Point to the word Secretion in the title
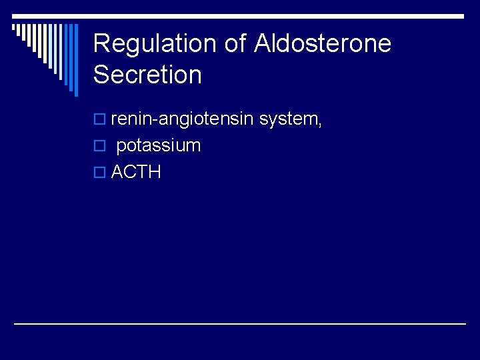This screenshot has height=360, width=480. tap(147, 75)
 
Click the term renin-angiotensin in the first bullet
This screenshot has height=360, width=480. tap(182, 119)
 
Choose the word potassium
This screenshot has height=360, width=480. tap(158, 146)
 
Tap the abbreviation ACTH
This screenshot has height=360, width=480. tap(136, 172)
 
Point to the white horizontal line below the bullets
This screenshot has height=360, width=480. tap(240, 323)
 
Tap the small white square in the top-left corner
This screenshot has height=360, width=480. tap(15, 27)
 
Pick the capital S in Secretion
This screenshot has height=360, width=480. tap(101, 75)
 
